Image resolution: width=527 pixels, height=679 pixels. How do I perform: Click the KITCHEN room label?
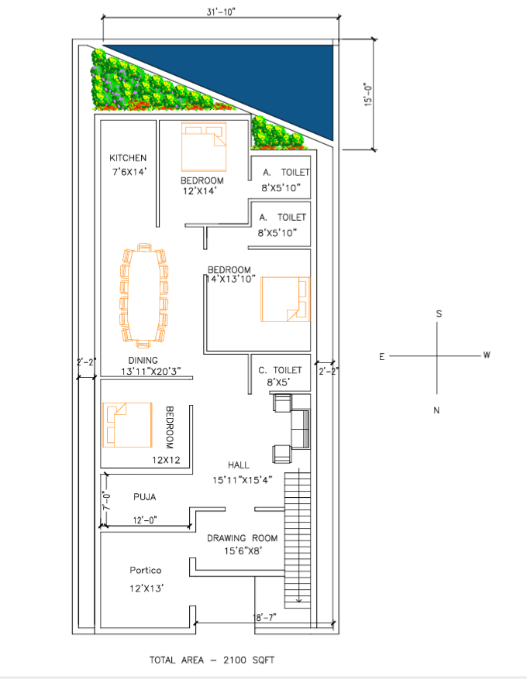128,158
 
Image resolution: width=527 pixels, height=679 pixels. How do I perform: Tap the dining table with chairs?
144,296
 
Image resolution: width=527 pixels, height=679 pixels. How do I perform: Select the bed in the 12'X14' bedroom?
204,147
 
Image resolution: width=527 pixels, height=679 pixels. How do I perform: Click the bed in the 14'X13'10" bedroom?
286,299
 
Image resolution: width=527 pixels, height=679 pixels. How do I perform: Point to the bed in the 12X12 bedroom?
127,425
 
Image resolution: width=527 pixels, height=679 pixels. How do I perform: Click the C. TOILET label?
280,370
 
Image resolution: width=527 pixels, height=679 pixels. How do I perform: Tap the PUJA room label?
145,497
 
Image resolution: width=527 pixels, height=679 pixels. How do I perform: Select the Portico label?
146,571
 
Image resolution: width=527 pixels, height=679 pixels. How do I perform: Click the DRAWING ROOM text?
243,538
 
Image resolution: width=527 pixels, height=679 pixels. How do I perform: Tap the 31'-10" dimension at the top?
221,12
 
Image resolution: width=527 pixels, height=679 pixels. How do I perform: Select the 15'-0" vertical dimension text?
368,94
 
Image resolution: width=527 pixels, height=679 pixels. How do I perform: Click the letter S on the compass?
439,314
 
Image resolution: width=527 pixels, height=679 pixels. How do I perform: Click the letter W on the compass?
487,355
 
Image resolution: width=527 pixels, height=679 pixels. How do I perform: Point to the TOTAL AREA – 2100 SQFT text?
212,660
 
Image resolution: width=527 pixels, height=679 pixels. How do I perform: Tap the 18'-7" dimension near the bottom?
265,617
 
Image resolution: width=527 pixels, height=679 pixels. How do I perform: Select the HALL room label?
239,465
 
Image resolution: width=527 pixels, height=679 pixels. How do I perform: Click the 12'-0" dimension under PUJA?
145,520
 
